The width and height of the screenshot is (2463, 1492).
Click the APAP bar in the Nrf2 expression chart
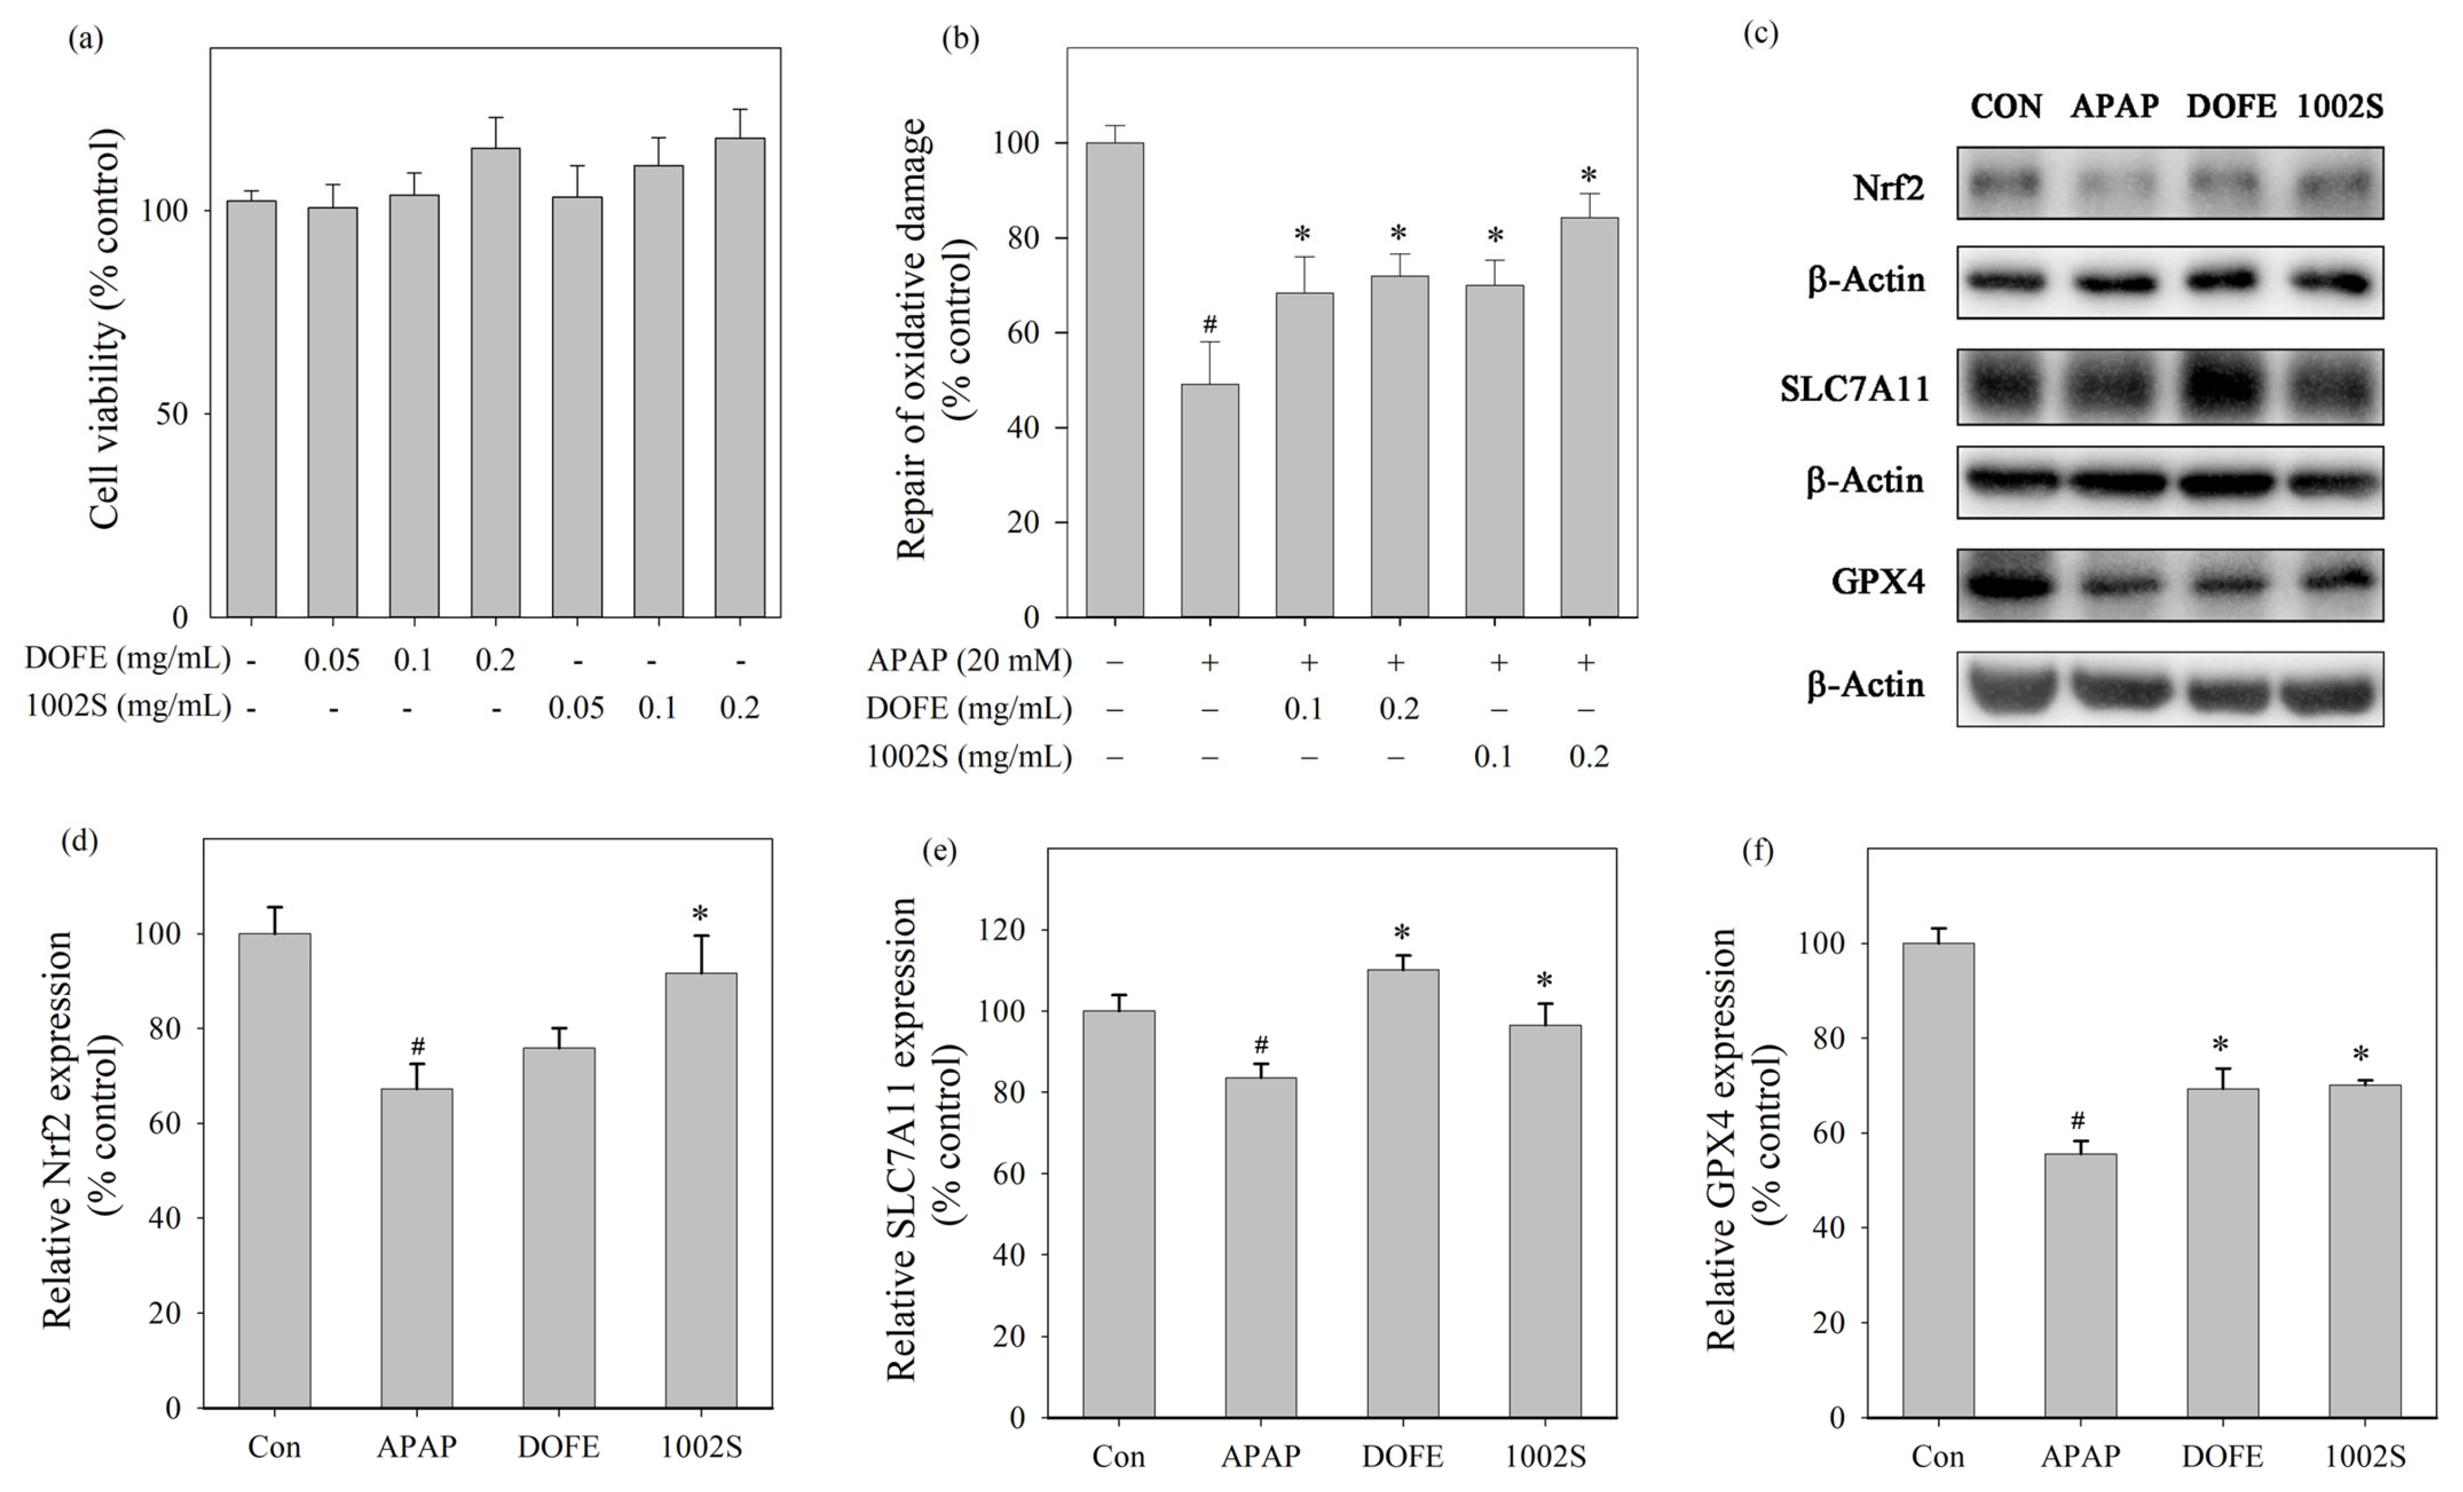417,1248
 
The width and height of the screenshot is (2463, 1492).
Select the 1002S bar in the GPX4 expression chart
2365,1251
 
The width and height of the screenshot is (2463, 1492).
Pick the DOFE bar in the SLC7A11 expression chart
1403,1193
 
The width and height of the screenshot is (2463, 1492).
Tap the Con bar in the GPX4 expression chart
1938,1180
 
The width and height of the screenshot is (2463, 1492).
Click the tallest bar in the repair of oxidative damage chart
1116,380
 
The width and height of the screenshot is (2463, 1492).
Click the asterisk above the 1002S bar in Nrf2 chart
700,914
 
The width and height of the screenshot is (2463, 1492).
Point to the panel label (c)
1760,34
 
